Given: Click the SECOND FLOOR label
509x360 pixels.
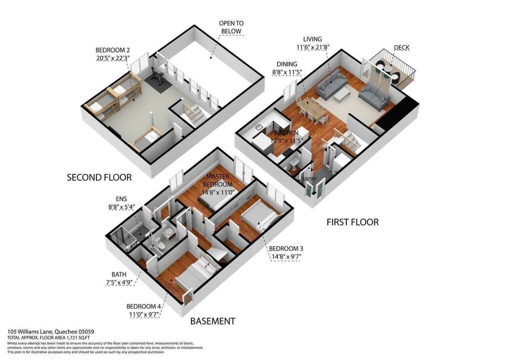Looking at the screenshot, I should pyautogui.click(x=99, y=177).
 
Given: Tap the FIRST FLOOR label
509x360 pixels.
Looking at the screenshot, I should pyautogui.click(x=352, y=222).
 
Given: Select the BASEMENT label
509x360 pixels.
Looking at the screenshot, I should pyautogui.click(x=213, y=321).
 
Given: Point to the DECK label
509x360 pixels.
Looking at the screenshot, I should pyautogui.click(x=401, y=48).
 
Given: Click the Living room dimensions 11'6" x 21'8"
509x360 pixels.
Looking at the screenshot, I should pyautogui.click(x=317, y=48).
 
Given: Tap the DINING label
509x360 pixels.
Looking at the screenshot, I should pyautogui.click(x=286, y=65).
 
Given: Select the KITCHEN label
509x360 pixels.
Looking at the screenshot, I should pyautogui.click(x=286, y=133).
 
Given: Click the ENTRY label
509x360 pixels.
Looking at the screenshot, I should pyautogui.click(x=310, y=179).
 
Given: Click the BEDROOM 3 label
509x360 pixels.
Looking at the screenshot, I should pyautogui.click(x=286, y=249).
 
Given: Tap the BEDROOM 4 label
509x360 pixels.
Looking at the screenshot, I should pyautogui.click(x=143, y=306).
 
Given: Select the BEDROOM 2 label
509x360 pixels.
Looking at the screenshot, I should pyautogui.click(x=112, y=50).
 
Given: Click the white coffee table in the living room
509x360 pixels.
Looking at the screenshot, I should pyautogui.click(x=341, y=93).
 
